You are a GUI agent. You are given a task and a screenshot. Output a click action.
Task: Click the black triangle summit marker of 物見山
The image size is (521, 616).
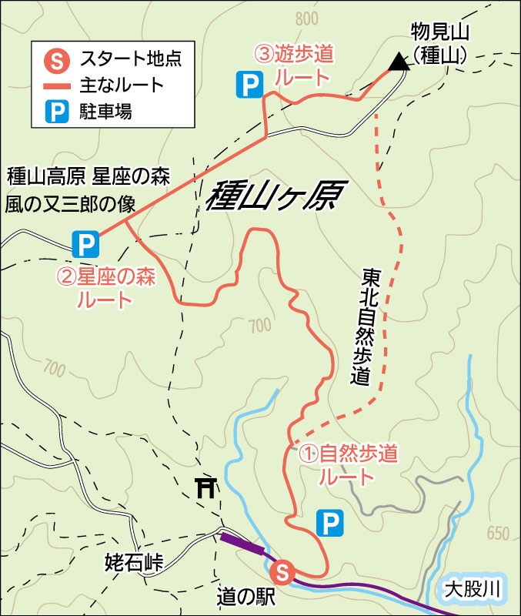[x=398, y=62]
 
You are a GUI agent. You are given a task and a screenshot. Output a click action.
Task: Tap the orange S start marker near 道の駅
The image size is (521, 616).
[x=282, y=571]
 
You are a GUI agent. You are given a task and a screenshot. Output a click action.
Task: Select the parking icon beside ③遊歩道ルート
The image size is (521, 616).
[x=248, y=85]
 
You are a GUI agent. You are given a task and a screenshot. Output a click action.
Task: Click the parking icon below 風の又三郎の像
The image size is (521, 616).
[x=85, y=245]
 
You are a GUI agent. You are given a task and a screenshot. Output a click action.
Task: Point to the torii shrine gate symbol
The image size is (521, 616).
[x=206, y=487]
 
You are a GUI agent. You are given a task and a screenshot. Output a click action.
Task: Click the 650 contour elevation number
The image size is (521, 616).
[x=498, y=534]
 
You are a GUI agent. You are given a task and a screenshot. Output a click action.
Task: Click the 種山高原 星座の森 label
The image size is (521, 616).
[x=88, y=176]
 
